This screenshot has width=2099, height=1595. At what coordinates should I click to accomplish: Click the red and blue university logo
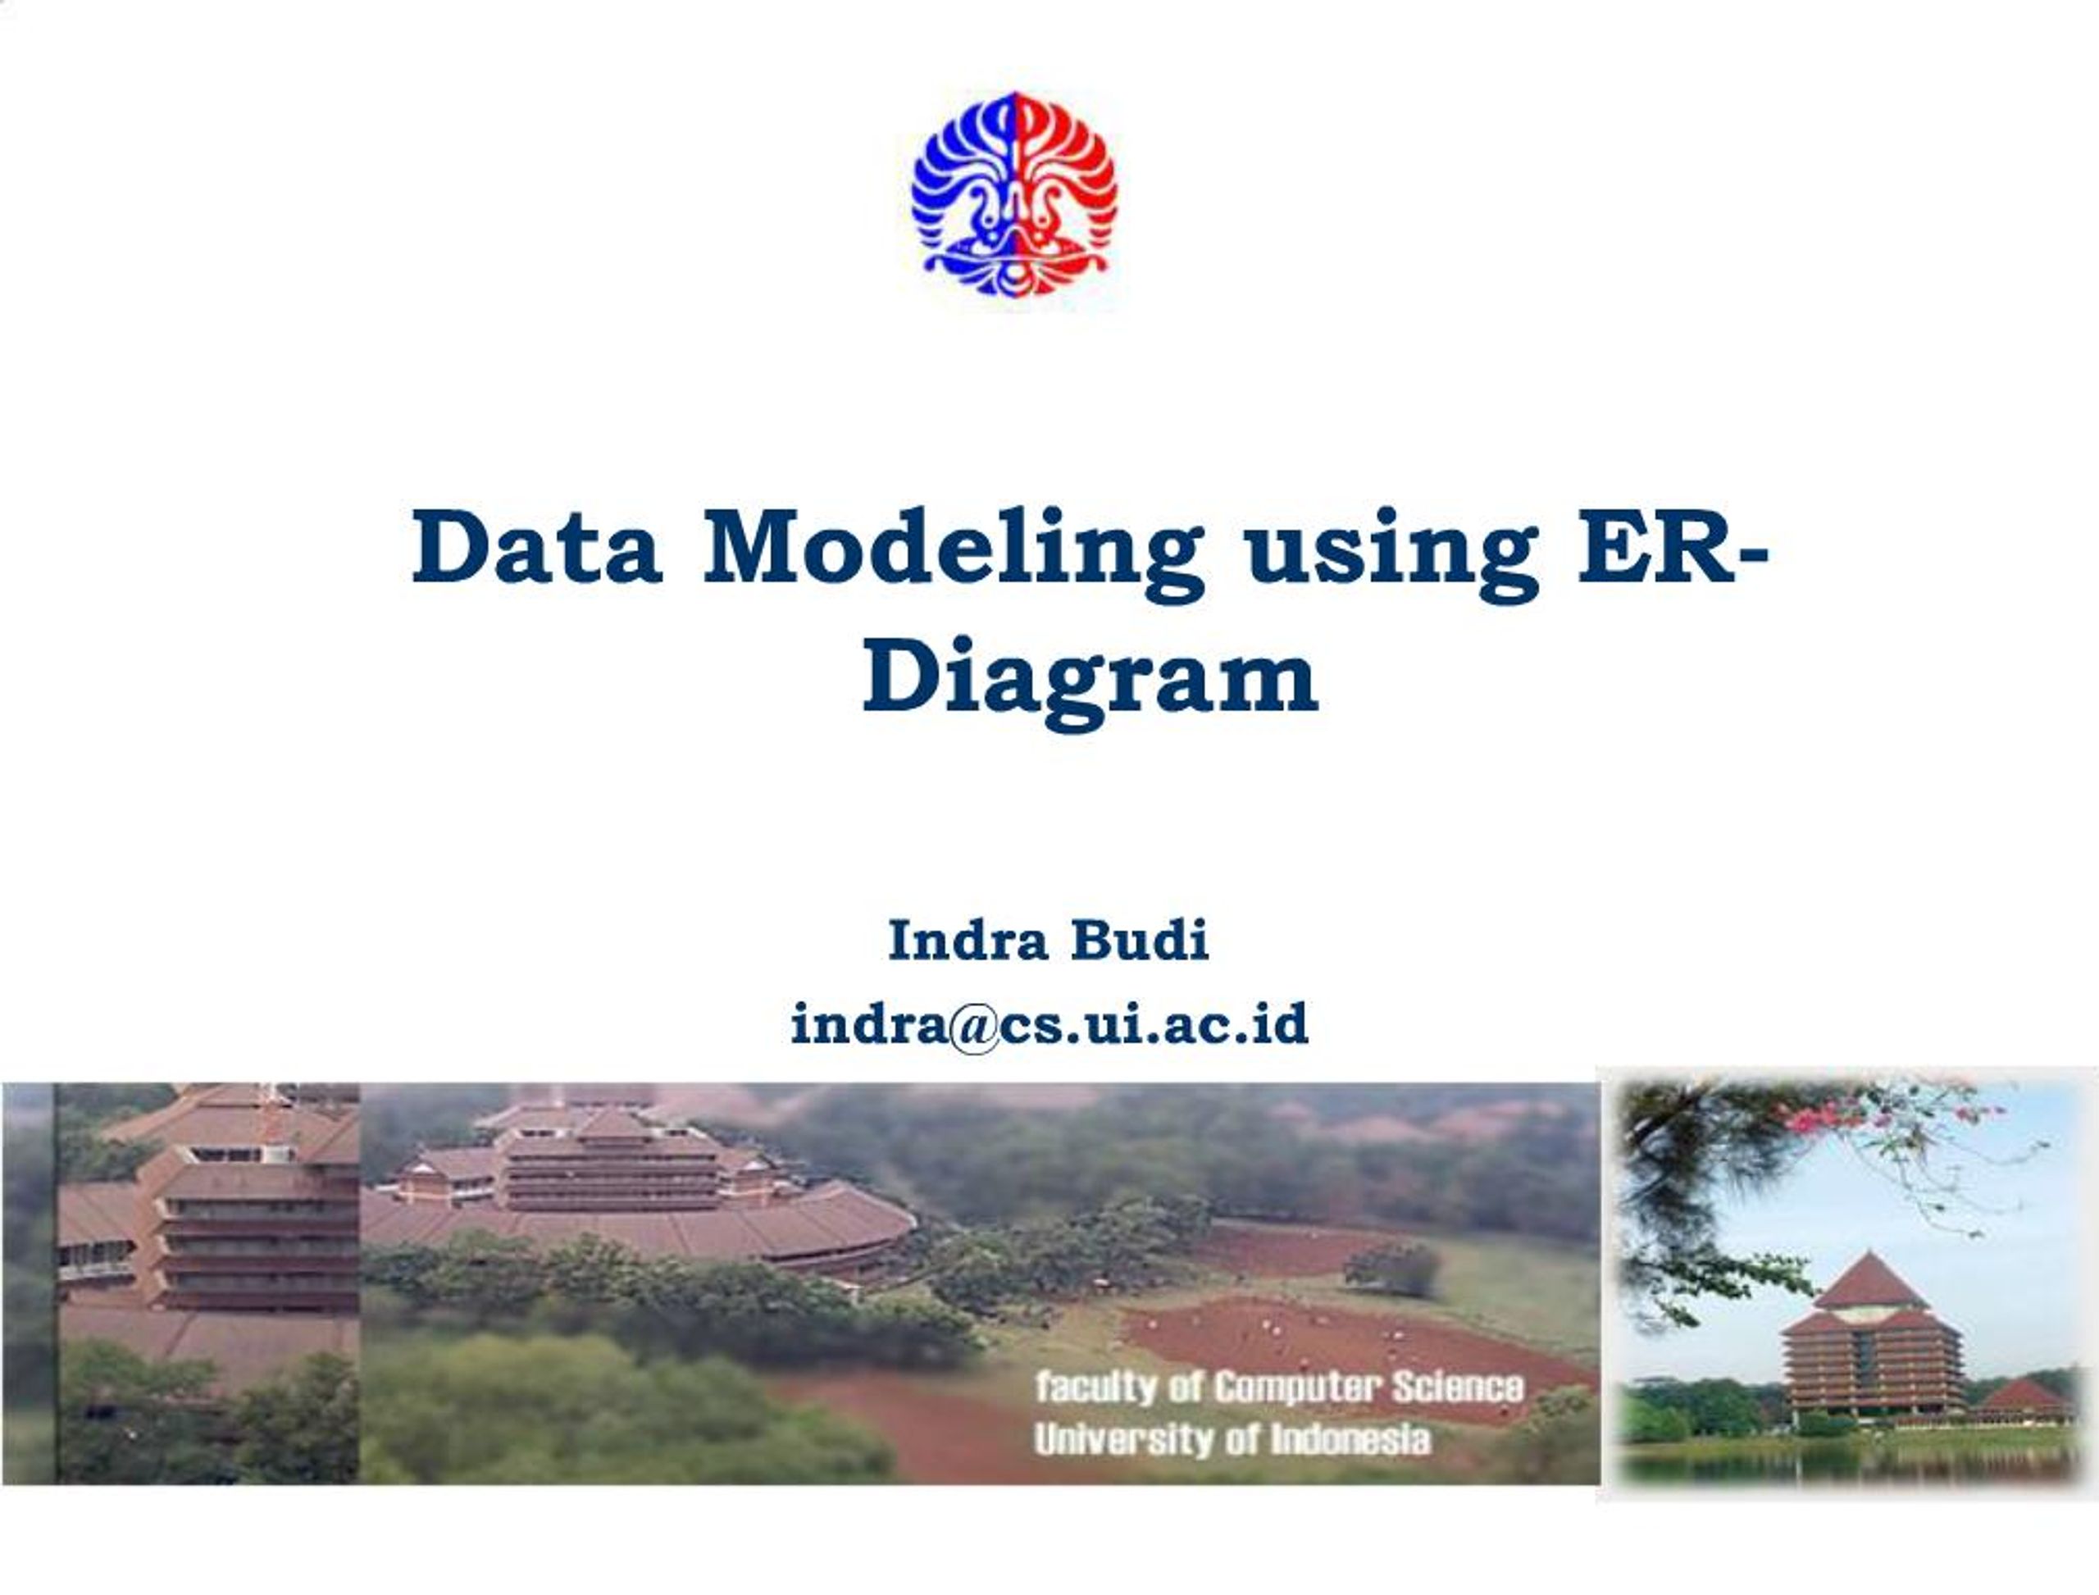[1014, 194]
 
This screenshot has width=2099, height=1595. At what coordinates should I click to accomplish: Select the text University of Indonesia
[1232, 1439]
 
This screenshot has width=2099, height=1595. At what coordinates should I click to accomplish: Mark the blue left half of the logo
[958, 194]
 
